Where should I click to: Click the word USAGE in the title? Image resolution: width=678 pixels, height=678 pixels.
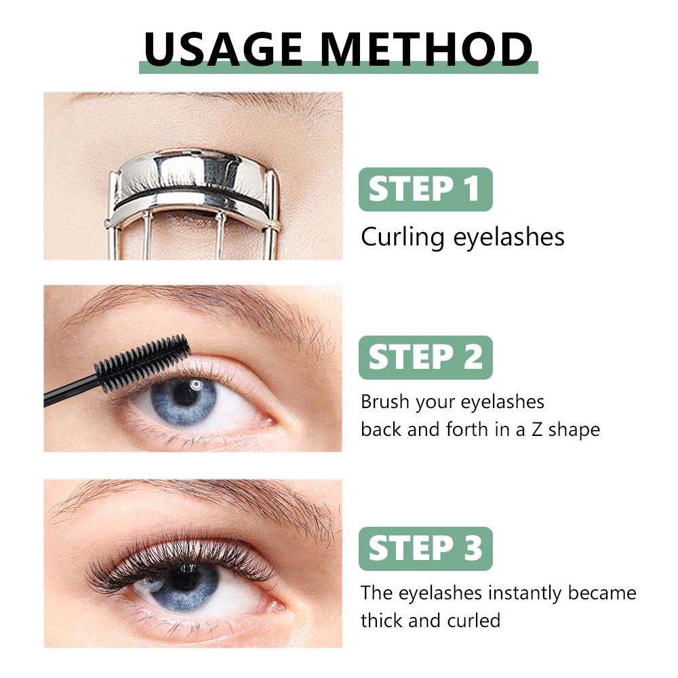click(223, 49)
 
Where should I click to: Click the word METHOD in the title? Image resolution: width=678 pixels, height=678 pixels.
click(426, 49)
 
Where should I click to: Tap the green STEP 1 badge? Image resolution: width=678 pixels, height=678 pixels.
click(426, 189)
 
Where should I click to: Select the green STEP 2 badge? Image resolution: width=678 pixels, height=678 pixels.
click(426, 357)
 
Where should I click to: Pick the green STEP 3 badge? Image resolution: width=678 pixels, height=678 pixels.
click(426, 549)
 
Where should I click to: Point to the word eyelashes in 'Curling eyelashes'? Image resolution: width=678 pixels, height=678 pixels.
click(509, 237)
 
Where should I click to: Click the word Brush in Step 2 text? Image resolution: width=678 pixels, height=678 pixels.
click(385, 401)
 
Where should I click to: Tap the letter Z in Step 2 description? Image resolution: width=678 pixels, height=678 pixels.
click(536, 430)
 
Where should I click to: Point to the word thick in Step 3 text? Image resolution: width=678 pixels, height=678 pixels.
click(382, 620)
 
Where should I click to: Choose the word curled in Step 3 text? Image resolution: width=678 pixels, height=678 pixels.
click(474, 620)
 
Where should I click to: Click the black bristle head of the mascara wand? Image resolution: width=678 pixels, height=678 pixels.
click(142, 362)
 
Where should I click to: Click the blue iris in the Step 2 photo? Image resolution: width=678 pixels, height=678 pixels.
click(184, 401)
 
